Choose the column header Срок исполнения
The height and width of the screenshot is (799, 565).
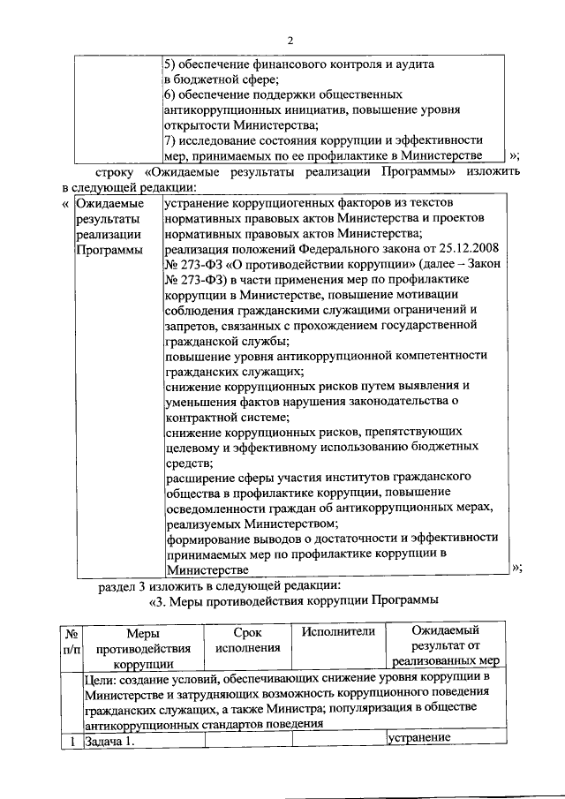[x=247, y=640]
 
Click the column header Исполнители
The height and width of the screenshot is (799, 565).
[x=338, y=631]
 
